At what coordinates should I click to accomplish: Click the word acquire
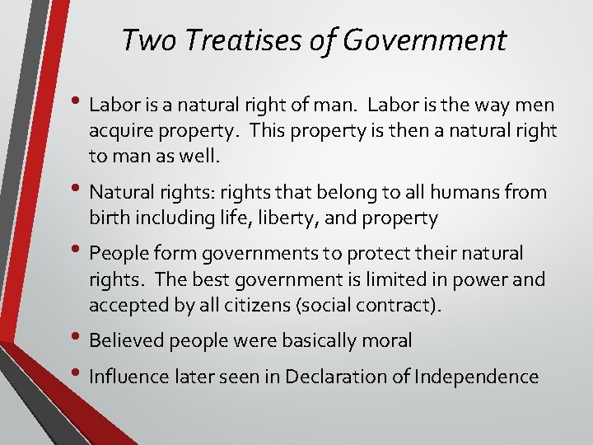click(x=120, y=130)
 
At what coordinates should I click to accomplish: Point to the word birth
click(x=107, y=218)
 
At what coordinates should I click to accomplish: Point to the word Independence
click(x=476, y=377)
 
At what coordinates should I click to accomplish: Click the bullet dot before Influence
click(x=77, y=375)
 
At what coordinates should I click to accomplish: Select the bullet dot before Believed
click(x=77, y=338)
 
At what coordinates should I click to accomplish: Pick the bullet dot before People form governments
click(x=77, y=251)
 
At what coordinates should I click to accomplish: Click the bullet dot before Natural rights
click(x=77, y=190)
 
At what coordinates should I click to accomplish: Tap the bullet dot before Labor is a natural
click(x=77, y=103)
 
